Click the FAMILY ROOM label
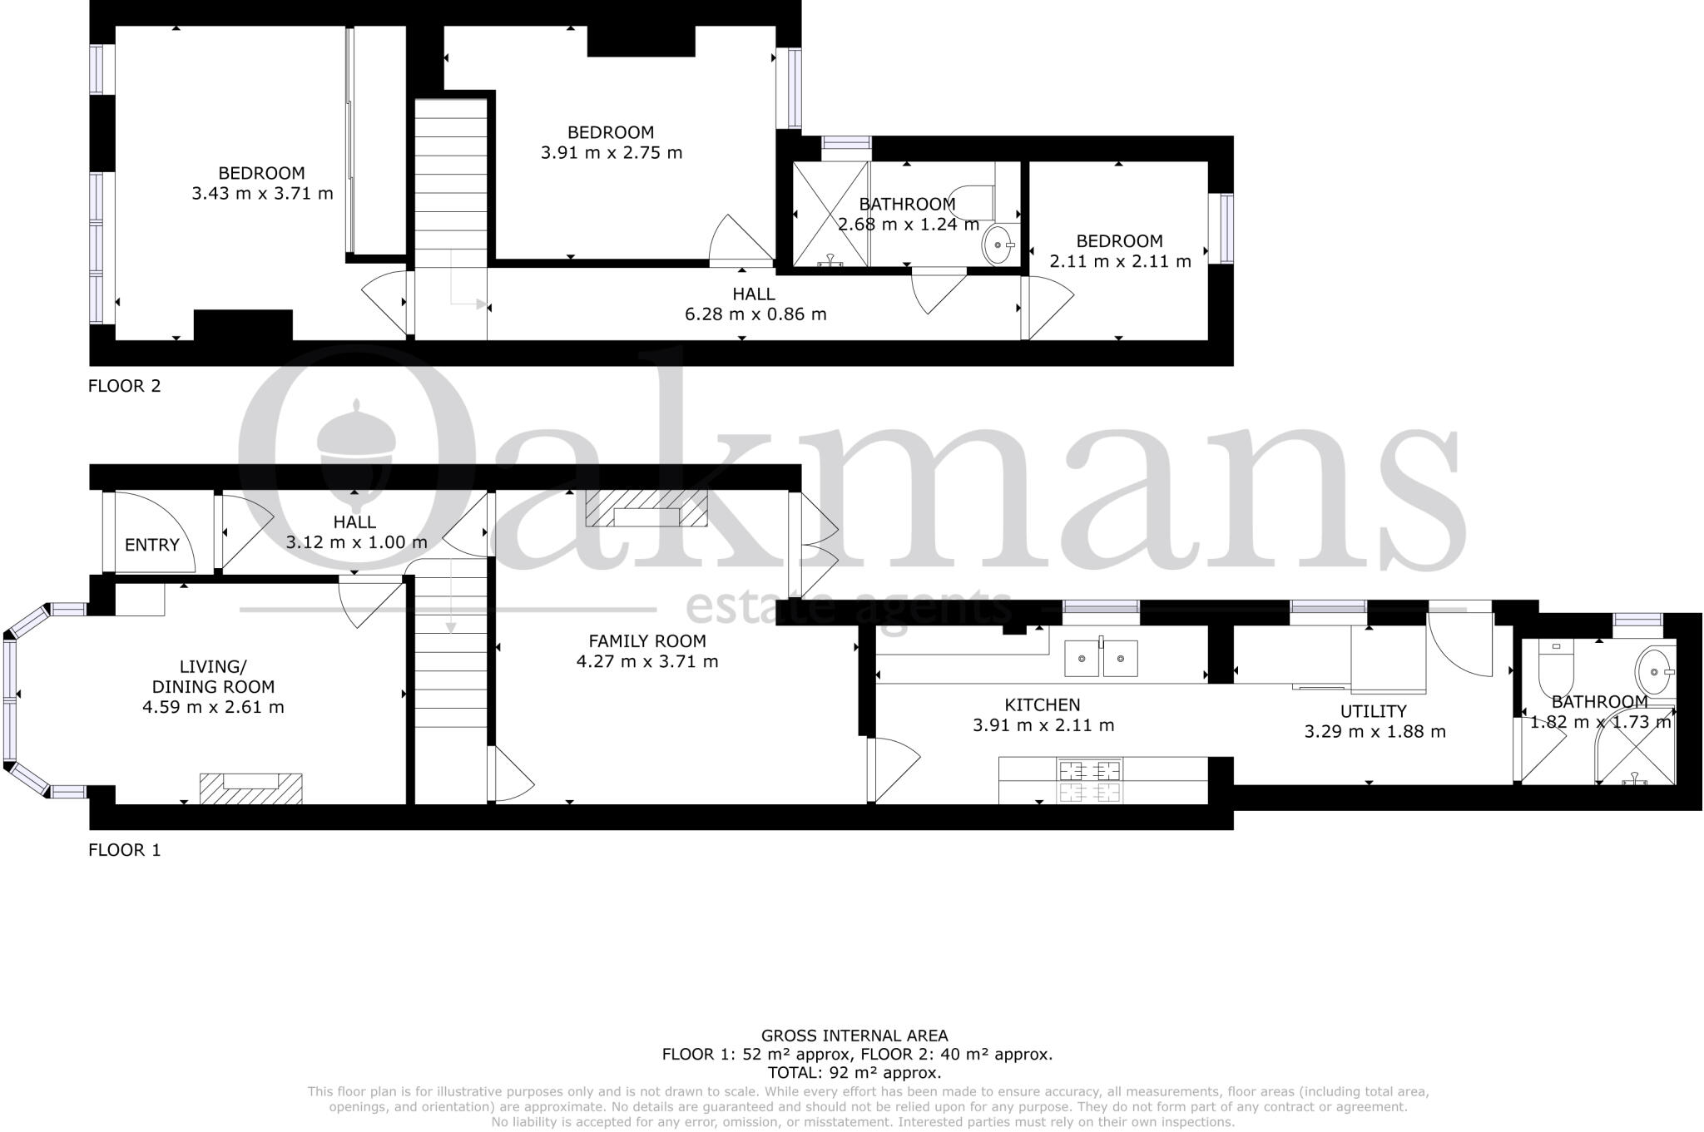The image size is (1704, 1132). coord(646,641)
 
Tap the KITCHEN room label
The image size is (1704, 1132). coord(1043,705)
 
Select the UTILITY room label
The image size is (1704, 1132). coord(1373,711)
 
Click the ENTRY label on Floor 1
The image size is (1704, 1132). coord(152,545)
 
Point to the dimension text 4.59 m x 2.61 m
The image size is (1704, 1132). coord(213,708)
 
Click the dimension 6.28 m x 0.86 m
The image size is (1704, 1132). coord(755,314)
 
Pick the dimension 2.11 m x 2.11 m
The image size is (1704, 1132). coord(1120,261)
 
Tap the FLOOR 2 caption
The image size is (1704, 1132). coord(124,386)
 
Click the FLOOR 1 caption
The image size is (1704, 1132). coord(124,850)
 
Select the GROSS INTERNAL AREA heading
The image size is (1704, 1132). coord(854,1036)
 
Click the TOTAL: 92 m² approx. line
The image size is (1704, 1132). coord(854,1073)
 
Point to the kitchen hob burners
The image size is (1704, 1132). coord(1089,780)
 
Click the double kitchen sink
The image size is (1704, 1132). coord(1102,659)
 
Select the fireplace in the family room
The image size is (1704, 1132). coord(646,509)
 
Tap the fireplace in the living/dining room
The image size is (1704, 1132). coord(250,787)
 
